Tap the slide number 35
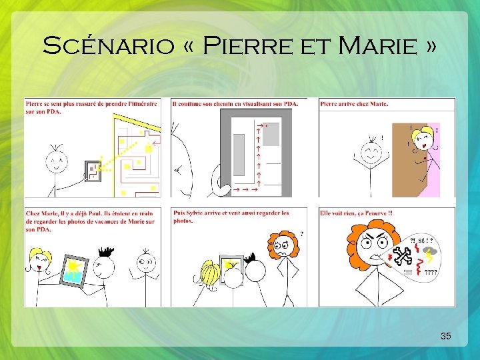[446, 336]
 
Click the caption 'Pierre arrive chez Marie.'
[354, 103]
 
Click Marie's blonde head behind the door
[423, 138]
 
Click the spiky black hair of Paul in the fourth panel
[105, 252]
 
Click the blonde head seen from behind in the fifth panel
[211, 273]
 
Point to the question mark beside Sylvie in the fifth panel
[302, 234]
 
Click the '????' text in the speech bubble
[431, 272]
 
